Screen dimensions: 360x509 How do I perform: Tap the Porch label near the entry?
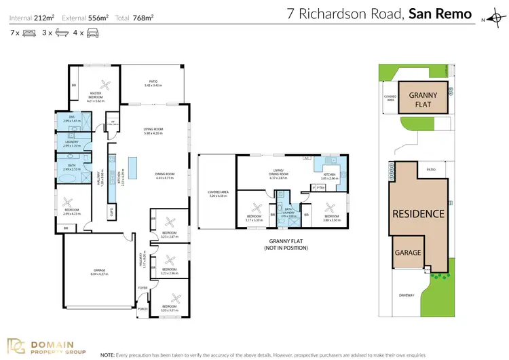click(142, 308)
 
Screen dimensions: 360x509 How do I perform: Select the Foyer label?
click(143, 288)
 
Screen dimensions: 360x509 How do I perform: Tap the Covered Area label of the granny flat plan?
click(218, 194)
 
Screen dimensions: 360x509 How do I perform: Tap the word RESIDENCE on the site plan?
click(417, 213)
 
